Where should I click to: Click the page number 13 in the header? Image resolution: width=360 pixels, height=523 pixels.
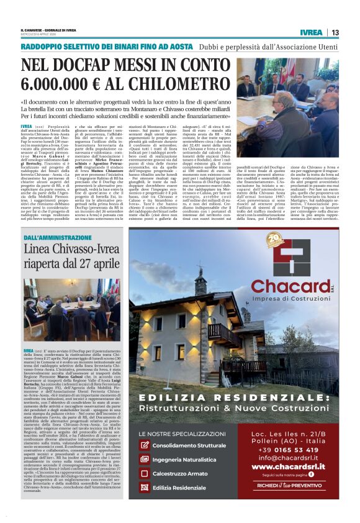click(x=335, y=32)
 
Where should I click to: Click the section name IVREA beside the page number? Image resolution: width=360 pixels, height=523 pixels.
click(x=310, y=32)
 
